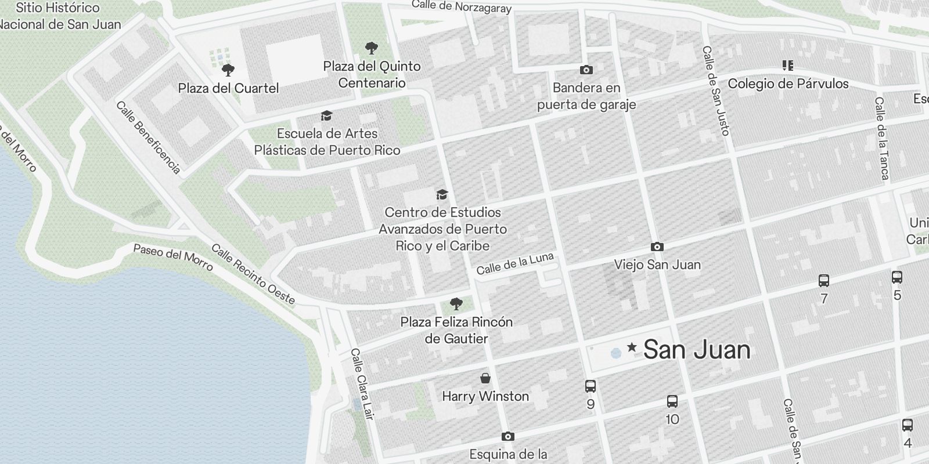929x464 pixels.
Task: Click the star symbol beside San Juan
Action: (632, 348)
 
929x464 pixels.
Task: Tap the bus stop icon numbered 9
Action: (590, 386)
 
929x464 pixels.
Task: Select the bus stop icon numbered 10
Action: (672, 401)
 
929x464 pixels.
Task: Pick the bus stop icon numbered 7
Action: (823, 281)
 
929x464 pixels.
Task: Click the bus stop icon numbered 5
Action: (897, 277)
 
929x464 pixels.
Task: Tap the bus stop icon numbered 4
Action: (908, 425)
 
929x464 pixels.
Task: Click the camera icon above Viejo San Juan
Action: (657, 246)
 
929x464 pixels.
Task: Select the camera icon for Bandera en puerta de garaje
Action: (586, 70)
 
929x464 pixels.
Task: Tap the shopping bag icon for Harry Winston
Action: (485, 379)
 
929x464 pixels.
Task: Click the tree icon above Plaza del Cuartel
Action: (228, 70)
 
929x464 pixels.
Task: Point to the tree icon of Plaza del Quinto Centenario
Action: (372, 48)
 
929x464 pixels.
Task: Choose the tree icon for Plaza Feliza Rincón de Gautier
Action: (456, 303)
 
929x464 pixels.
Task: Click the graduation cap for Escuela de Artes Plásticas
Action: (327, 116)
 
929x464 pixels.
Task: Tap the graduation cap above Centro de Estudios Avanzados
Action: (442, 194)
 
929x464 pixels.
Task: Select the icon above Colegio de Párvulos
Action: (788, 66)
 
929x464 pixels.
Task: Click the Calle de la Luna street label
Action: (515, 264)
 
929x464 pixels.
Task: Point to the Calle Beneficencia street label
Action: (148, 137)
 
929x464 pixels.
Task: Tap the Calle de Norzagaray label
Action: (462, 6)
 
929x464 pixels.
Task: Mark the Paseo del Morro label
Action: (173, 256)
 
